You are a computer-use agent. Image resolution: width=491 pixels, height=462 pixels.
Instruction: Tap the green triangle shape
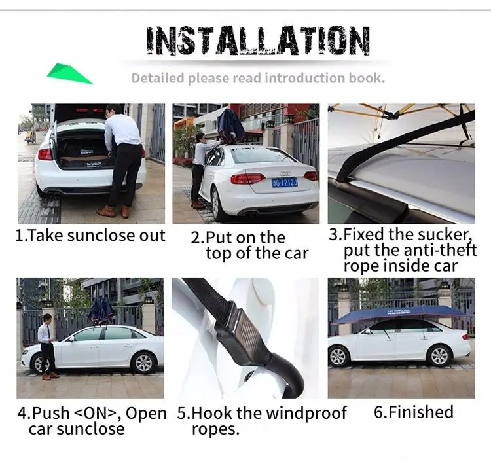(x=68, y=73)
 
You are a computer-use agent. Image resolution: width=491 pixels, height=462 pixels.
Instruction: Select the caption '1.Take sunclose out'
(x=90, y=236)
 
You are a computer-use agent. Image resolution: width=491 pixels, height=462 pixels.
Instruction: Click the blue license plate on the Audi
(x=284, y=182)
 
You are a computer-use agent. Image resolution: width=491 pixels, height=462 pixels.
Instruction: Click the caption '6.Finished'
(x=413, y=412)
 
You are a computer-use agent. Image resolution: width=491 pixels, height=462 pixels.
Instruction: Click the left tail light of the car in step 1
(x=45, y=154)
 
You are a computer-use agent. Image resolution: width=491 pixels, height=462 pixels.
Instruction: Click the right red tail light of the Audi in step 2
(x=310, y=175)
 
